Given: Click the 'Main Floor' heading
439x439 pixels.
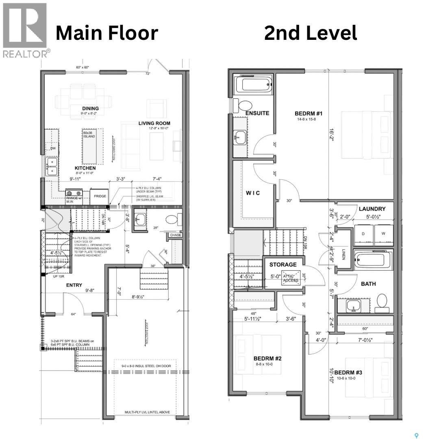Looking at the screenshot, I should [x=106, y=33].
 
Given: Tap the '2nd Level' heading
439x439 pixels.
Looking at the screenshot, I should [x=311, y=33].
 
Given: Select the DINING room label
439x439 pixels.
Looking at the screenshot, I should [x=90, y=109].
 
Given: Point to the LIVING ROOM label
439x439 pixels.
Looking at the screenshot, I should [x=154, y=123].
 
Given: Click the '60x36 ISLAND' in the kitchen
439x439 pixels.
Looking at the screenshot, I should [x=89, y=134].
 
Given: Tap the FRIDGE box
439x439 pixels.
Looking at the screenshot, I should [x=100, y=196].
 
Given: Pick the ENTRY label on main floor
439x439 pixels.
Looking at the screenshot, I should [x=74, y=285].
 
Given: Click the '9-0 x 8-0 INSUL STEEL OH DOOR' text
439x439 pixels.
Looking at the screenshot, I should [x=146, y=365].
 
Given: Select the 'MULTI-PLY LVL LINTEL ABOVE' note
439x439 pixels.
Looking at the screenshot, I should [x=147, y=413].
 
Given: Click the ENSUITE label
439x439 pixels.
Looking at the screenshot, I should [x=257, y=113].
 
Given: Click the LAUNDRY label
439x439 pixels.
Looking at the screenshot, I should [x=372, y=209].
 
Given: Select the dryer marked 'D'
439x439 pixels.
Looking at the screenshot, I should [x=363, y=234].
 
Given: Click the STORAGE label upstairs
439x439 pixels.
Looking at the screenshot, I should [x=283, y=265].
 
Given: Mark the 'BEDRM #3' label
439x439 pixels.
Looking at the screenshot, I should [x=348, y=372].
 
